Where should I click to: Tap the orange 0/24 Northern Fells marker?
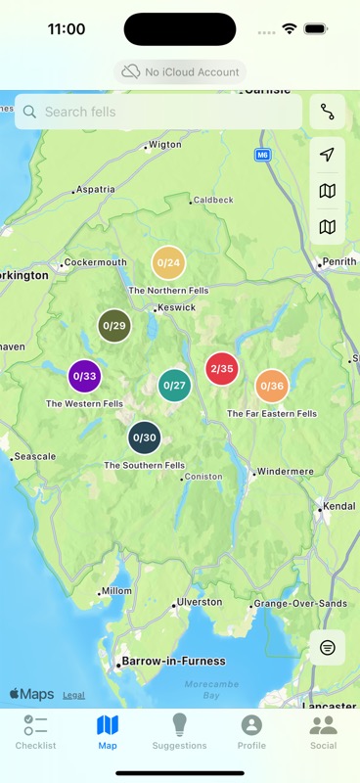168,263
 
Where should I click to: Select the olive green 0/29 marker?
114,326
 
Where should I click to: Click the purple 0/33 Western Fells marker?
84,376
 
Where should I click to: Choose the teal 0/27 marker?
174,386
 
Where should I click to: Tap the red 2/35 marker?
221,369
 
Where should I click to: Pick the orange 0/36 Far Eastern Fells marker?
272,387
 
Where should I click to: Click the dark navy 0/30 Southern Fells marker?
144,438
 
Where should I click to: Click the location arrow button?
327,156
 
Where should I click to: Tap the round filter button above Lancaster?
327,648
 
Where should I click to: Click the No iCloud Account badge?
180,71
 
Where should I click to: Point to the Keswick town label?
177,307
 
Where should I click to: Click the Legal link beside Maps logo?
73,695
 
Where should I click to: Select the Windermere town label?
285,472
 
